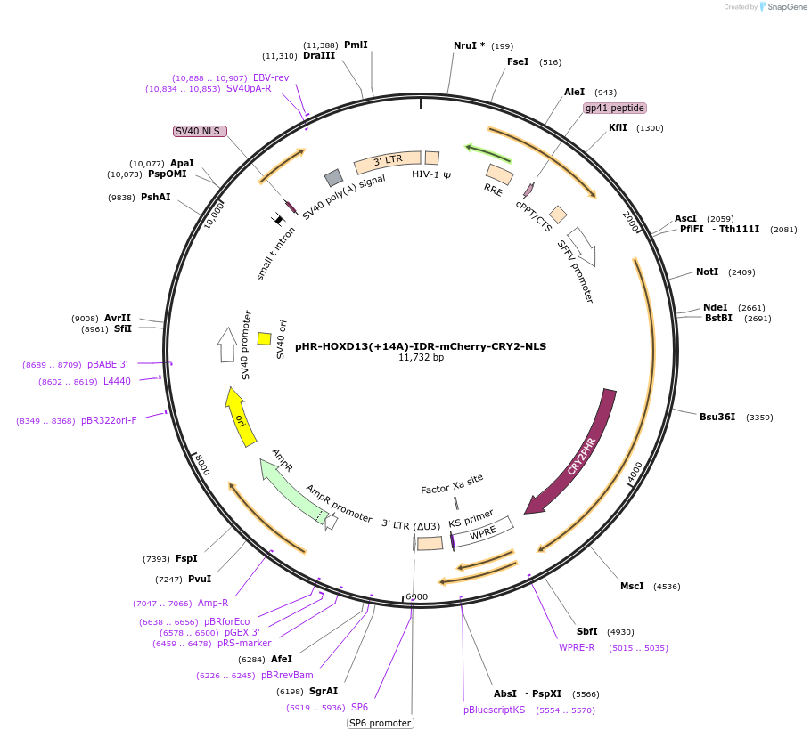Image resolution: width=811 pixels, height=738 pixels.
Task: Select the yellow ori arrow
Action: point(240,418)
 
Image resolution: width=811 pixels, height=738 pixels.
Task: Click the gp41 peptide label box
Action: point(614,108)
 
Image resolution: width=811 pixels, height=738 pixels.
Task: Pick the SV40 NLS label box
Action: point(200,131)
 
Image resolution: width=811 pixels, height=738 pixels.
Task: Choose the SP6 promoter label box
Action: point(381,723)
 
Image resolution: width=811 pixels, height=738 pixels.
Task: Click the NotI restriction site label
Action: point(707,272)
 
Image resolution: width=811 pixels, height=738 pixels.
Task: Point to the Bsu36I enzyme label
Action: point(717,417)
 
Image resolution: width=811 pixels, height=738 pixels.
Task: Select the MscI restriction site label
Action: point(632,586)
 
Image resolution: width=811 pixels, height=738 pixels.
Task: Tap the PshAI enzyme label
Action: point(156,197)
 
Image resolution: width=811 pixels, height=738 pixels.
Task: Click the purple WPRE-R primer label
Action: point(577,647)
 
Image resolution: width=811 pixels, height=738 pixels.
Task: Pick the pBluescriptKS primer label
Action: point(494,710)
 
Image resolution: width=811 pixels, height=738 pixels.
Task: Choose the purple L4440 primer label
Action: point(117,381)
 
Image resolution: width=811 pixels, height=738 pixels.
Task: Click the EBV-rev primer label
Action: point(271,77)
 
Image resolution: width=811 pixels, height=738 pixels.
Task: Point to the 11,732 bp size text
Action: point(421,357)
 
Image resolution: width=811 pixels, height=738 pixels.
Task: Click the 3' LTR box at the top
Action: point(388,162)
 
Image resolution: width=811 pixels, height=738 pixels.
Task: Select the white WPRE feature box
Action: point(483,531)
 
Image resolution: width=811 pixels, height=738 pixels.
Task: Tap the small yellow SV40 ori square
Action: point(265,338)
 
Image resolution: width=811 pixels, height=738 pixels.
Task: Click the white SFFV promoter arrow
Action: point(584,247)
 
